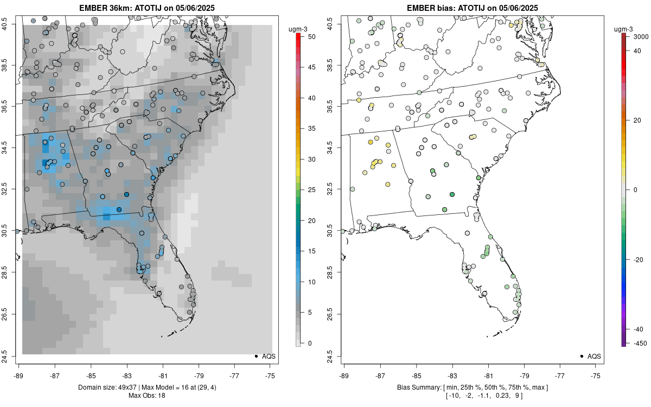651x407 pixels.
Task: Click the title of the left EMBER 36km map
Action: pyautogui.click(x=146, y=8)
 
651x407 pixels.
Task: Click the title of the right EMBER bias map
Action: pyautogui.click(x=472, y=8)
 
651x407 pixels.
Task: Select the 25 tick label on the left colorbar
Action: pyautogui.click(x=308, y=190)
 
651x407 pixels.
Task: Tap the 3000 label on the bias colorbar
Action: pyautogui.click(x=641, y=37)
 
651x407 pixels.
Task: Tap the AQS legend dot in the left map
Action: pyautogui.click(x=256, y=356)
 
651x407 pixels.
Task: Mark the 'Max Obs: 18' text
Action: pyautogui.click(x=146, y=395)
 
